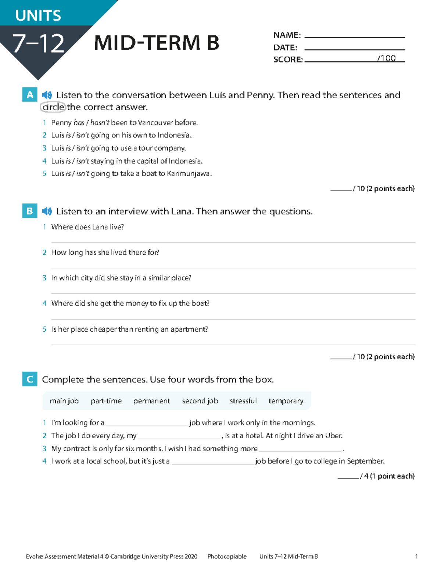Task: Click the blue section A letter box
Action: click(30, 95)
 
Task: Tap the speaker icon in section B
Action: click(47, 211)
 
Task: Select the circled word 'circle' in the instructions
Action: click(53, 107)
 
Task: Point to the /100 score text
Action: click(386, 58)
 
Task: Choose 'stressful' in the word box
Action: click(243, 401)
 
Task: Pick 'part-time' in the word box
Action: click(106, 401)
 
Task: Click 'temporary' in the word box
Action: click(286, 401)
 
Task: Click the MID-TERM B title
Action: click(157, 43)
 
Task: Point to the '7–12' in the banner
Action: click(38, 43)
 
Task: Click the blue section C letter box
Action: click(30, 379)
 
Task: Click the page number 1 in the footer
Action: click(416, 557)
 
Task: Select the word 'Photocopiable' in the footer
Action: click(227, 557)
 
